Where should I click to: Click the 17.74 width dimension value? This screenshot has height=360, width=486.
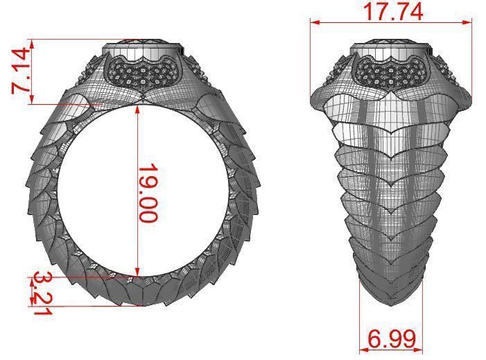(392, 10)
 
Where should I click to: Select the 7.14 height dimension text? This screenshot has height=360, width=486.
(20, 71)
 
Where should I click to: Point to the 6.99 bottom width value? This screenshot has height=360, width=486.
(392, 339)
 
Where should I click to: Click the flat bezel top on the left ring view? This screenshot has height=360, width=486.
(143, 49)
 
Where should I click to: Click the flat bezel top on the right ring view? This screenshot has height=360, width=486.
(392, 49)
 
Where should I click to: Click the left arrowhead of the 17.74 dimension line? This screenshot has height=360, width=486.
(313, 22)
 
